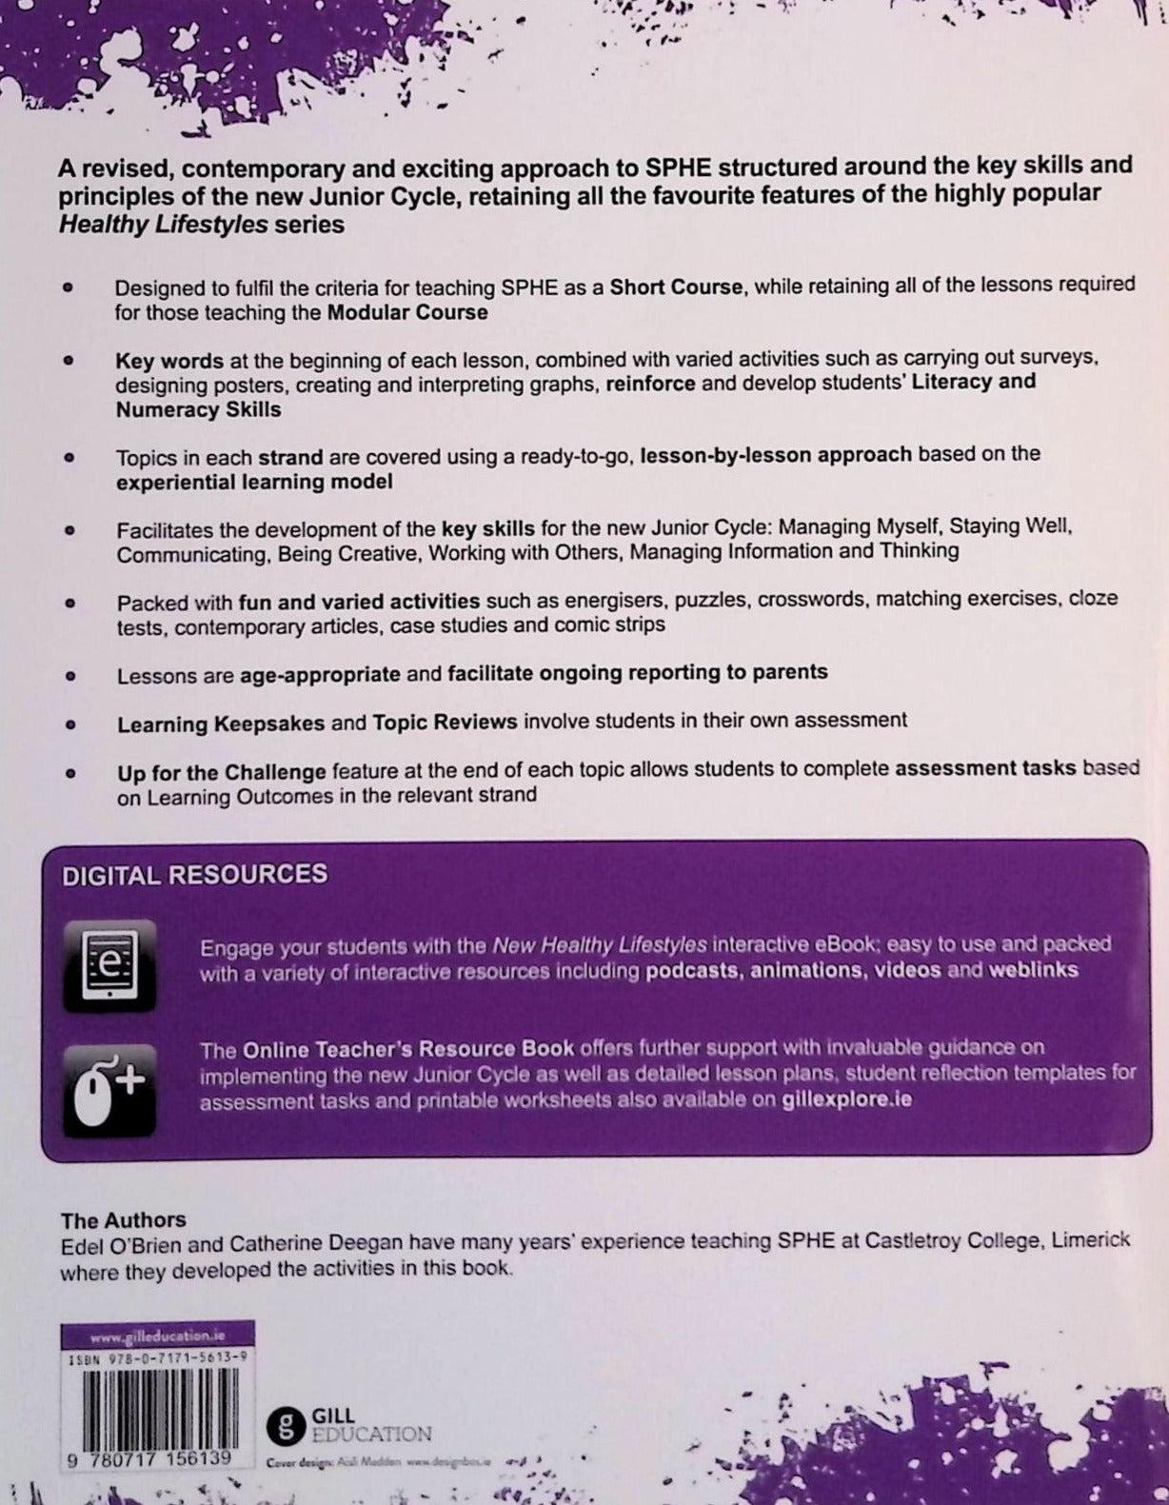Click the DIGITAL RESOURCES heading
[x=194, y=875]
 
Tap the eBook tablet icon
[x=109, y=964]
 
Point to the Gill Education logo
[x=349, y=1424]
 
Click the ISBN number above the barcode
[x=157, y=1361]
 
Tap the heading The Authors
[x=123, y=1219]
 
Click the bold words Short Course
[x=675, y=287]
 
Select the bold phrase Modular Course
[x=407, y=312]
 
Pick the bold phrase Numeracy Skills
[x=198, y=409]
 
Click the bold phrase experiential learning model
[x=254, y=482]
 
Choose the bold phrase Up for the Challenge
[x=222, y=772]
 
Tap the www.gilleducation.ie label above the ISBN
[x=157, y=1336]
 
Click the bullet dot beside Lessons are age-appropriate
[x=69, y=676]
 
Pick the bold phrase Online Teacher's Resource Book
[x=408, y=1049]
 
